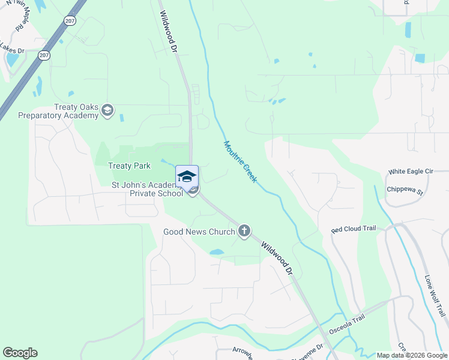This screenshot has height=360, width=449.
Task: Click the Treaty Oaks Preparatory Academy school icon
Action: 107,110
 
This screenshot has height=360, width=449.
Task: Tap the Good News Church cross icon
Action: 244,231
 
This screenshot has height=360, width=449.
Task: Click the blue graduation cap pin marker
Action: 187,176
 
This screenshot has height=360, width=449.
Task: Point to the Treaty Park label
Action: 129,166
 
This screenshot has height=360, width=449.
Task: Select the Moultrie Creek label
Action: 240,162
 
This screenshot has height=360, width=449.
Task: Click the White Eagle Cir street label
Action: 411,171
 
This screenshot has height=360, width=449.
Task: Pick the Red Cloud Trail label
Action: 354,229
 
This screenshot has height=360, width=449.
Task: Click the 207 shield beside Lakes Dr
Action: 44,55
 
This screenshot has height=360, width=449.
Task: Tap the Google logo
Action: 20,353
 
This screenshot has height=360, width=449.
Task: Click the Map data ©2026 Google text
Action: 412,355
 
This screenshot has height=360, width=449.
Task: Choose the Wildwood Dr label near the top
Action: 169,34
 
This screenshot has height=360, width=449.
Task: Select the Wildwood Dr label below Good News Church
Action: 277,258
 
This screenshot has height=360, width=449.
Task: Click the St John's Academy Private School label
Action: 148,189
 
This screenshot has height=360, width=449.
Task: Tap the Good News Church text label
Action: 199,232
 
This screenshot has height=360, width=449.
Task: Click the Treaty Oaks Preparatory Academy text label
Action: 58,111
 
